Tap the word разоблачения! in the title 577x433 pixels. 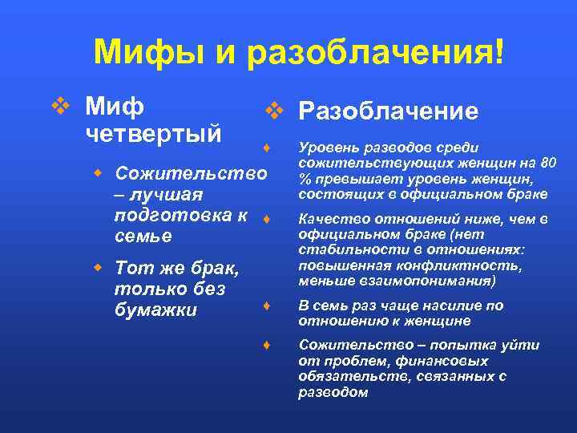[x=377, y=53]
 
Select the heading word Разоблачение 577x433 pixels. [x=388, y=111]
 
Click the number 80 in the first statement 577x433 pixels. [x=548, y=163]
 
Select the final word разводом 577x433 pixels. [x=333, y=393]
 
